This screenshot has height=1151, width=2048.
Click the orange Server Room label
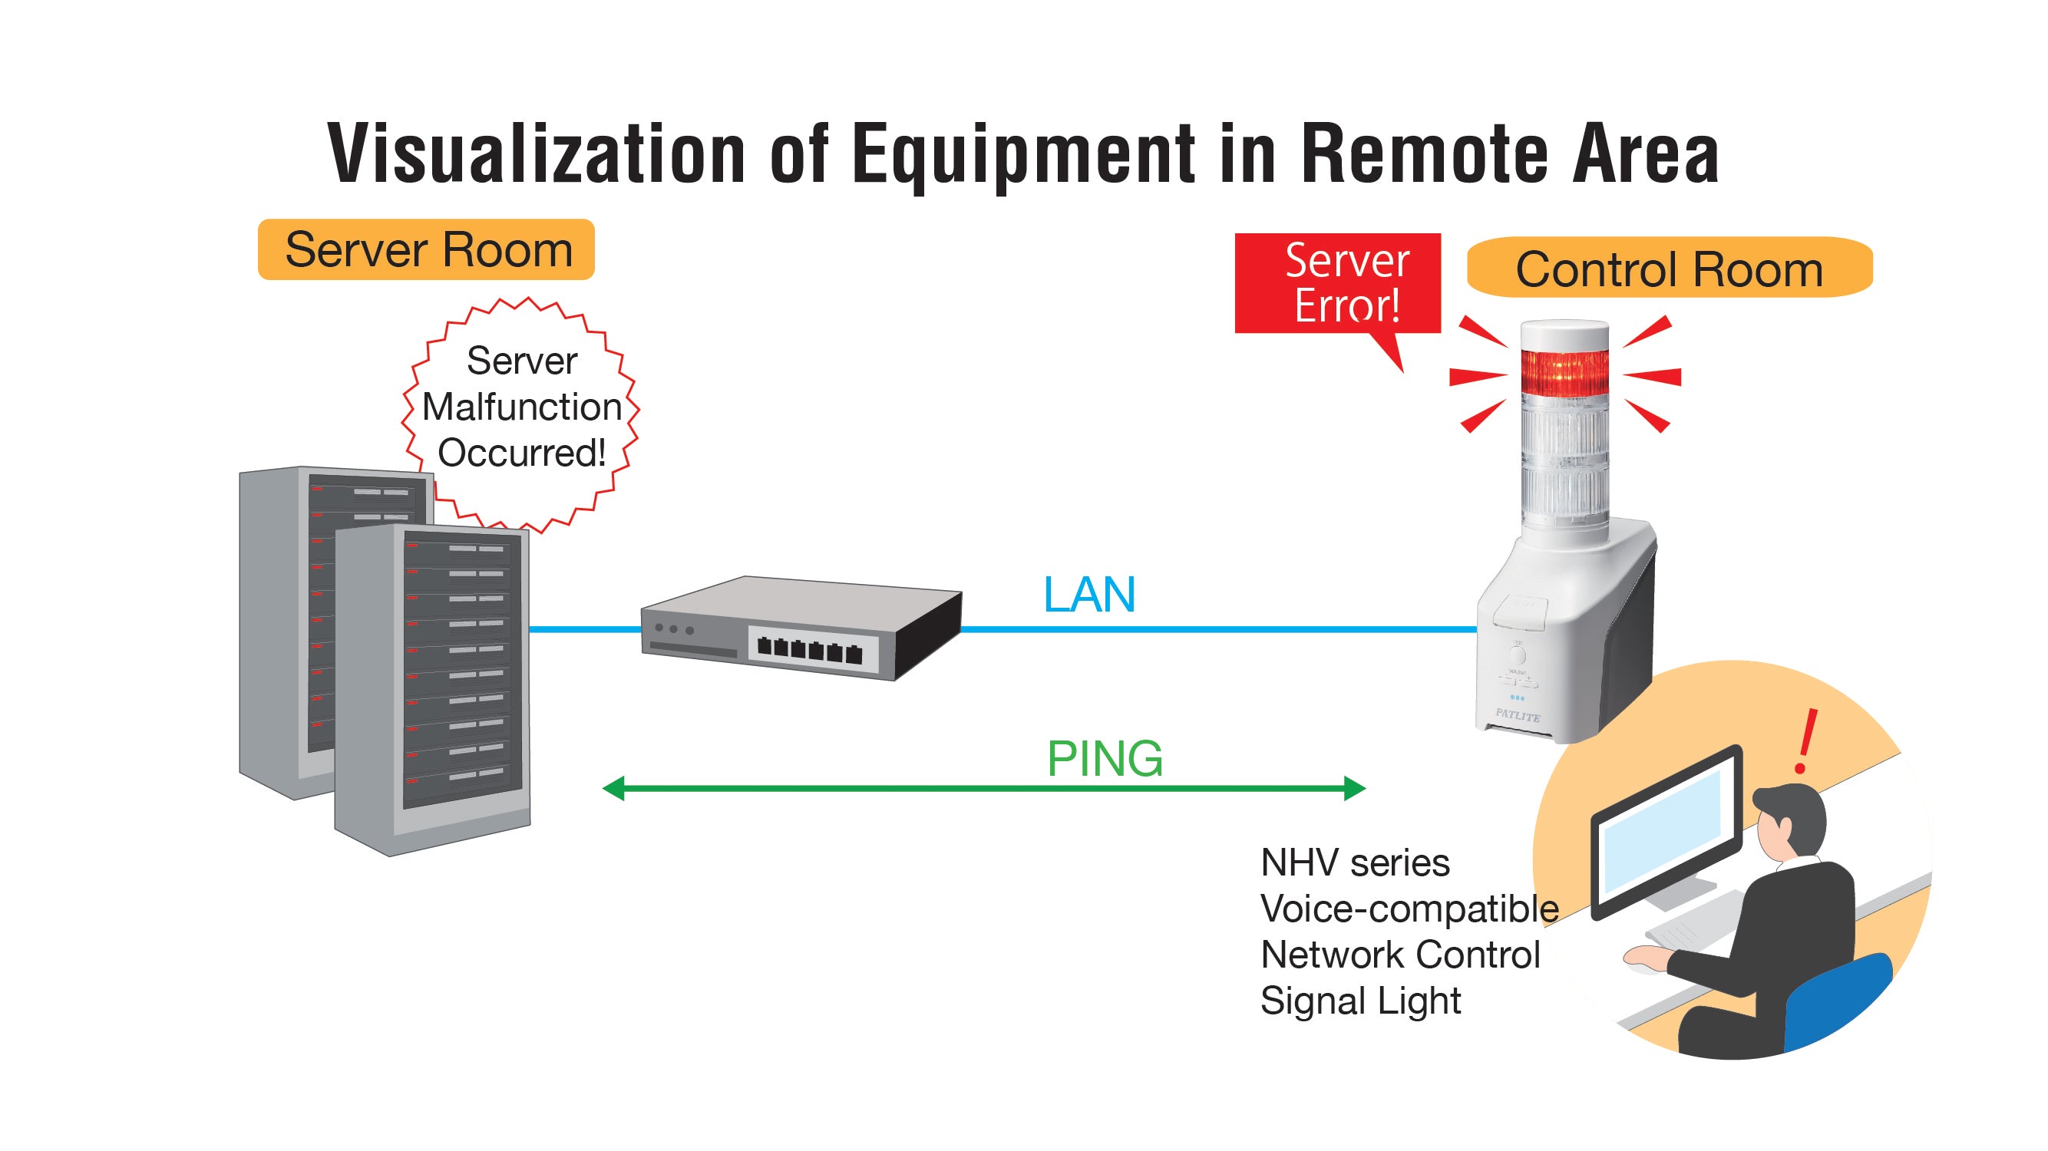[426, 249]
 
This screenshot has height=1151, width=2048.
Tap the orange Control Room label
[1669, 269]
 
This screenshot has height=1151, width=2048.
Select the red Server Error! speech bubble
[1338, 283]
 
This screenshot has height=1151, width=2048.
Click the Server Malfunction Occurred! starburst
[521, 407]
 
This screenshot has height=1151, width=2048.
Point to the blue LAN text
[1088, 595]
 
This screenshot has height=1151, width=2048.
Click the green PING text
[1105, 758]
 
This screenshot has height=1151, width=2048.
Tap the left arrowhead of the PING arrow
[614, 789]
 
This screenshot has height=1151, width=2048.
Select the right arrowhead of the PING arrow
[1354, 789]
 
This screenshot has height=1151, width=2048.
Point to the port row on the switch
[809, 649]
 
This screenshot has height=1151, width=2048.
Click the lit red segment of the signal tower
[1564, 371]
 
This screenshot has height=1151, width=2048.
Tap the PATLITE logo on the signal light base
[1517, 714]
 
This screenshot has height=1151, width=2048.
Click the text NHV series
[1355, 862]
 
